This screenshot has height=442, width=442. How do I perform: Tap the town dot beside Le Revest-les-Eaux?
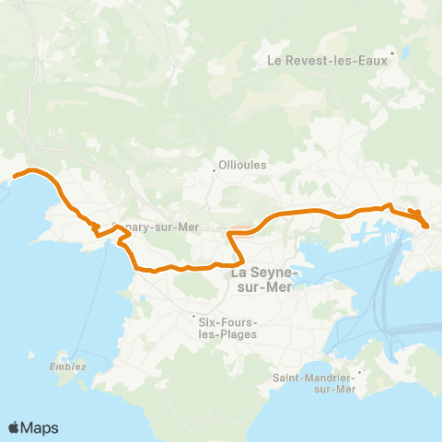coord(392,52)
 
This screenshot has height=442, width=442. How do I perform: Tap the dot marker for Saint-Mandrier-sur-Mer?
coord(359,373)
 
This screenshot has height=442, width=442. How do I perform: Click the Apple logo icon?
coord(15,428)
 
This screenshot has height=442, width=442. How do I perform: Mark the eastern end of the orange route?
coord(426,224)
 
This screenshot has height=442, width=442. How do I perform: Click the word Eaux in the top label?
coord(373,62)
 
